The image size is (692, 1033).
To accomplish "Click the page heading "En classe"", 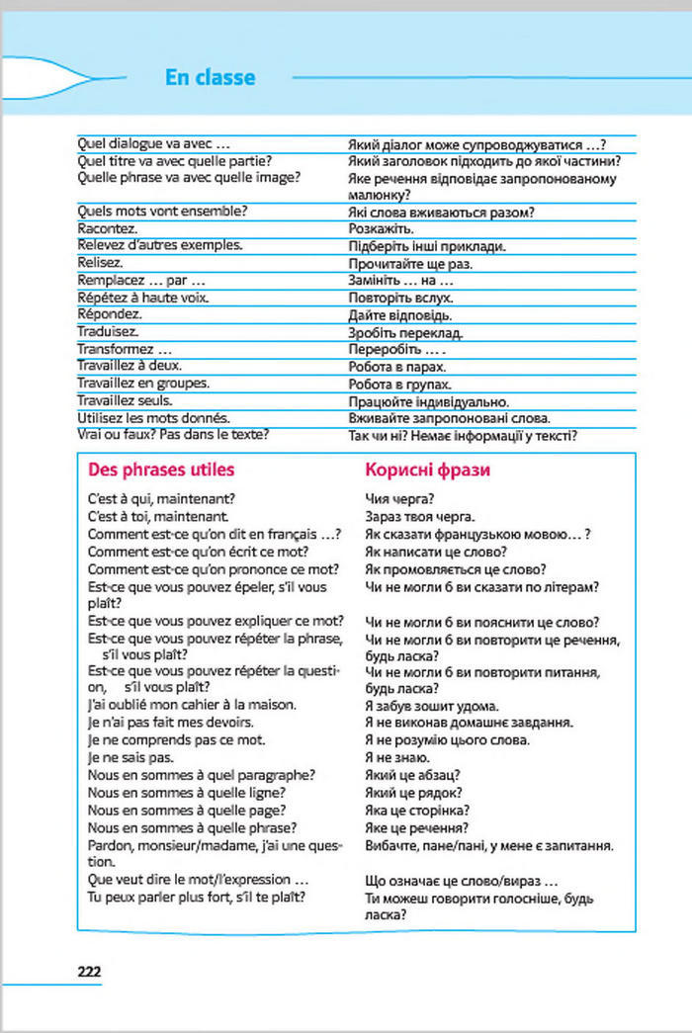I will point(211,78).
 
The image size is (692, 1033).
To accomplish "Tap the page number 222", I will point(89,971).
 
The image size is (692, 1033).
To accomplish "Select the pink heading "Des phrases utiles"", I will point(161,470).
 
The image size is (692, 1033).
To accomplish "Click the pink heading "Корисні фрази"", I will point(427,471).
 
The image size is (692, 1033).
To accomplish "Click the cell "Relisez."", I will point(100,264).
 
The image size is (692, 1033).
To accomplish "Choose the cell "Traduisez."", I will point(108,332).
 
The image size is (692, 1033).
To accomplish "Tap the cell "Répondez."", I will point(109,314).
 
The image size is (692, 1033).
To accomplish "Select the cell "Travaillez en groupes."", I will point(143,383).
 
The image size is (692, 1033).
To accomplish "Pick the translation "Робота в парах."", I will point(399,366).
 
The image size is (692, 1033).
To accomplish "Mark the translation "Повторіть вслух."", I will point(400,298).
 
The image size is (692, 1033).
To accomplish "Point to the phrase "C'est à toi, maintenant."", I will point(159,516).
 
